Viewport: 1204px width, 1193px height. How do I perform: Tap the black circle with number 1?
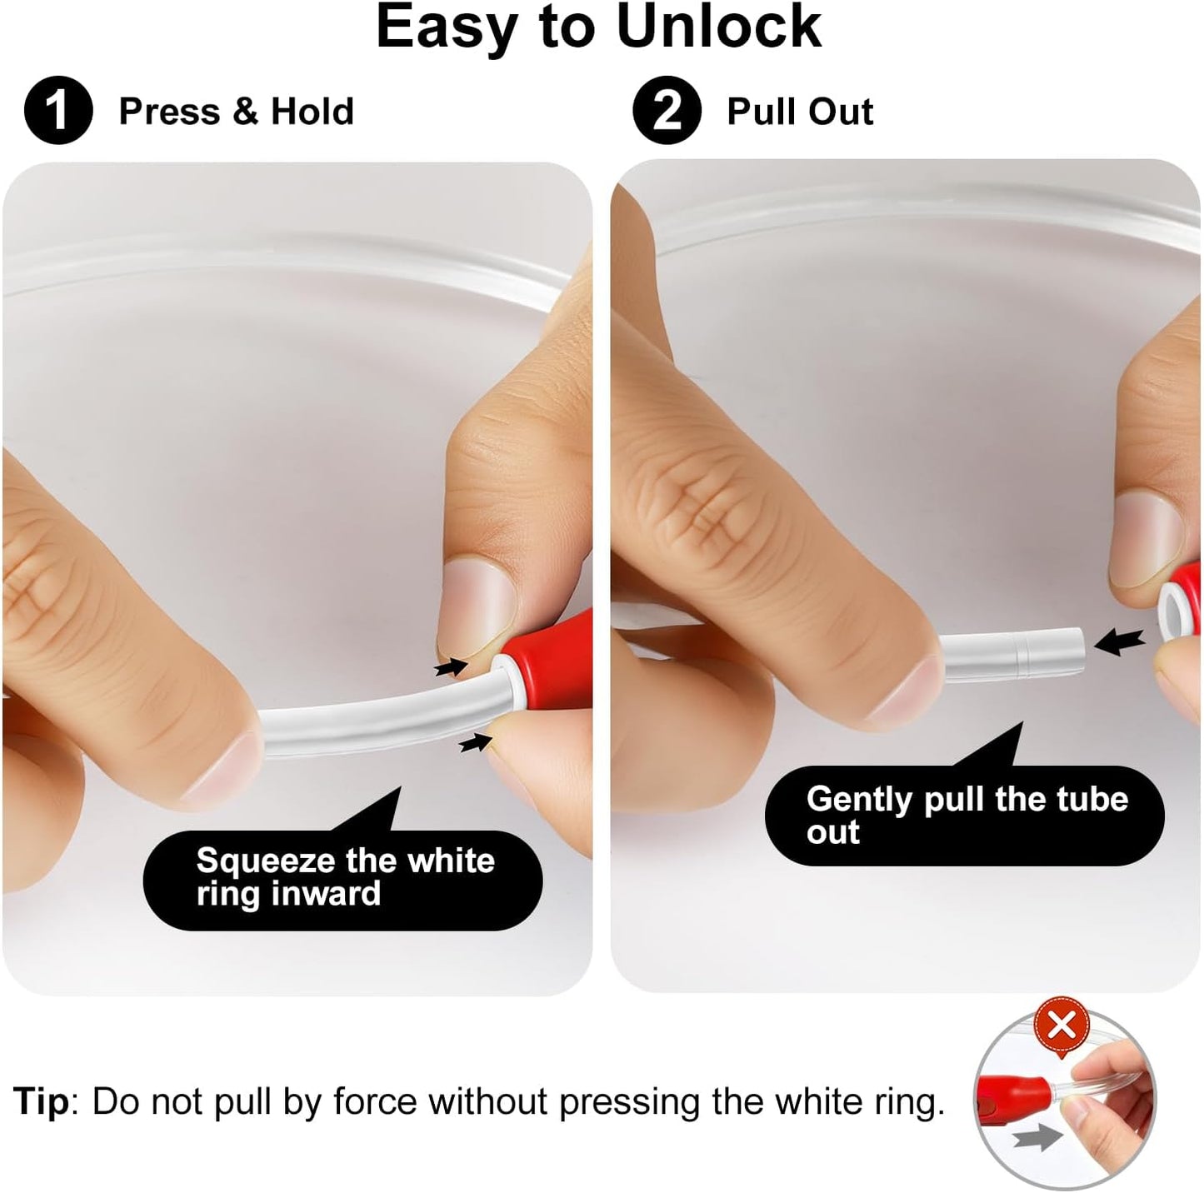tap(58, 111)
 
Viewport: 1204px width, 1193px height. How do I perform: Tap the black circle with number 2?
tap(667, 111)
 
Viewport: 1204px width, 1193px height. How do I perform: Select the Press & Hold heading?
tap(236, 112)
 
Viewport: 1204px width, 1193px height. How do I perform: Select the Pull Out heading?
tap(800, 112)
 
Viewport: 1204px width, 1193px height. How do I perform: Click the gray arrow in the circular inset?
tap(1038, 1138)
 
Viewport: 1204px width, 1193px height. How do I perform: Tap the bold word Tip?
tap(41, 1101)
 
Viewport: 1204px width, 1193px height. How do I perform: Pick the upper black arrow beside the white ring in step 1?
tap(451, 667)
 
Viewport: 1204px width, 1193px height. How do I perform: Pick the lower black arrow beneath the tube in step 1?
tap(476, 741)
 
